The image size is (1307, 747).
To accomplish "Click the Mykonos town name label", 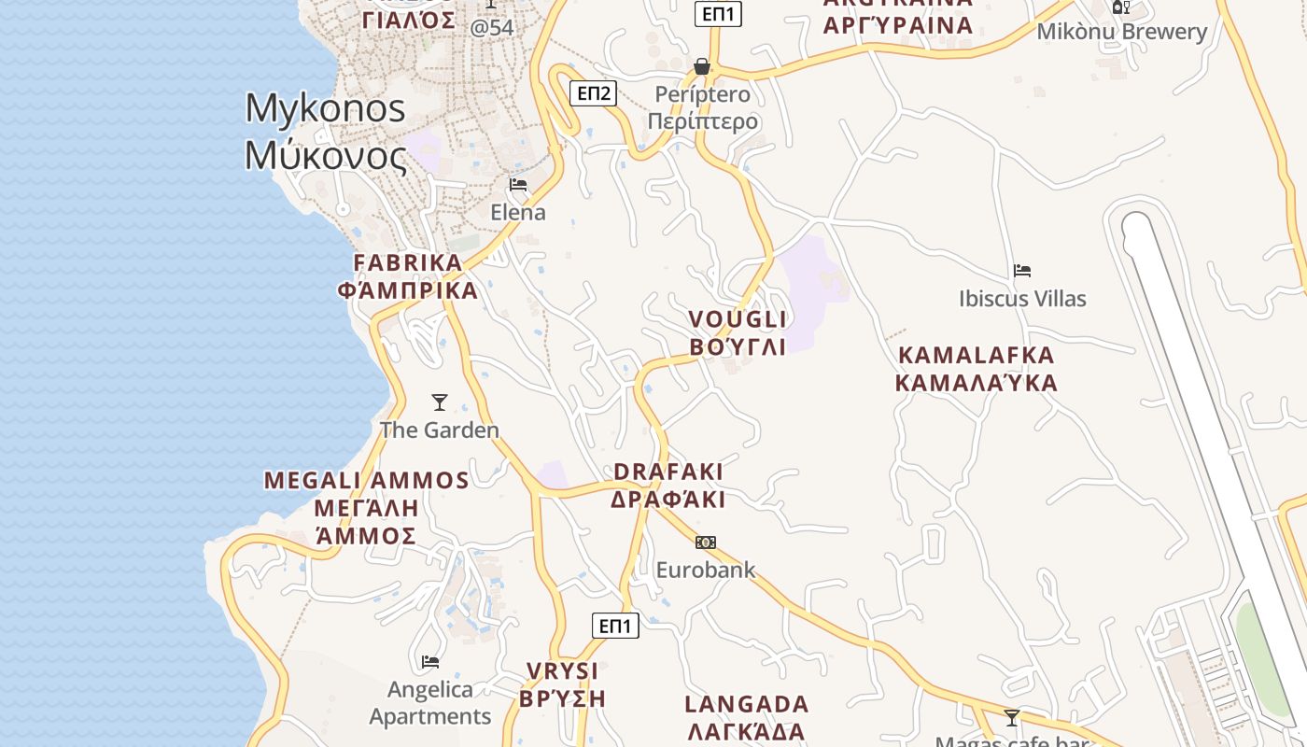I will coord(325,132).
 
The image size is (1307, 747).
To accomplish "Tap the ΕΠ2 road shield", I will coord(594,92).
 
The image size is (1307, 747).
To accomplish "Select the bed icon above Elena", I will coord(518,184).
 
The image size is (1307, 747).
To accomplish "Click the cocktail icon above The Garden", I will coord(440,402).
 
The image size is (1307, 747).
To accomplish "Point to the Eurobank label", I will coord(706,570).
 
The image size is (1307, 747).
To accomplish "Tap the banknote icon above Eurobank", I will coord(706,543).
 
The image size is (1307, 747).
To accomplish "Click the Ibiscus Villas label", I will coord(1022,299).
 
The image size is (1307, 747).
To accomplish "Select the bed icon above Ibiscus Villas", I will coord(1022,271).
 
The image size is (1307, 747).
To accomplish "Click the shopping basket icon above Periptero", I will coord(702,66).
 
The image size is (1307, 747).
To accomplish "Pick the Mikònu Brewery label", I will coord(1122,32).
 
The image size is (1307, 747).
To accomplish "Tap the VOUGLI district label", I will coord(738,333).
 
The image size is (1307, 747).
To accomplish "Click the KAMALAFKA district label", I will coord(977,369).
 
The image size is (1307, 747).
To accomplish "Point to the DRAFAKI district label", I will coord(668,486).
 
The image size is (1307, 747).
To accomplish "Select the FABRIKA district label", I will coord(408,276).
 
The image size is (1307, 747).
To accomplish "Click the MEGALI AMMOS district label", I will coord(366,507).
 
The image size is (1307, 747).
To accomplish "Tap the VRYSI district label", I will coord(563,684).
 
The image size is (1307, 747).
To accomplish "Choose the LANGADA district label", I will coord(746,717).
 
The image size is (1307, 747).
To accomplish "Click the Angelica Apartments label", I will coord(430,703).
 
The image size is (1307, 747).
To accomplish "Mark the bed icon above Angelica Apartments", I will coord(430,662).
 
